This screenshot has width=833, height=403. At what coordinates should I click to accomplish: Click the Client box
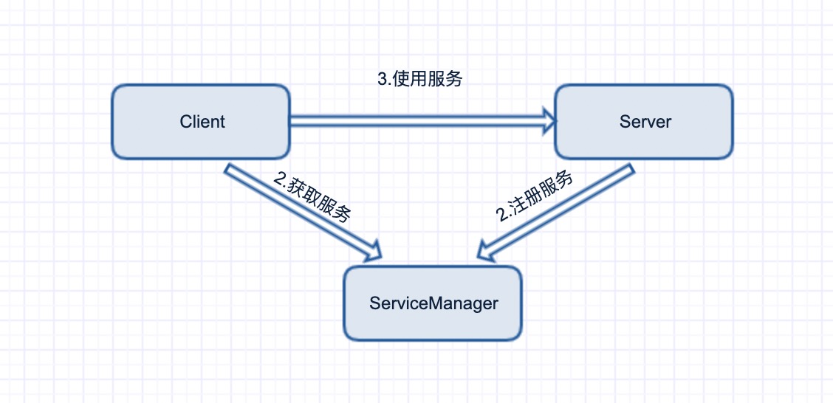click(x=200, y=122)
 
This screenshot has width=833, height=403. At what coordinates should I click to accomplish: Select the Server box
click(x=644, y=122)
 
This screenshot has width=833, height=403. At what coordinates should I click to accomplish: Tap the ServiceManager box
click(x=433, y=303)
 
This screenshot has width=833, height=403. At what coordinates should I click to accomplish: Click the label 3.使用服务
click(x=419, y=79)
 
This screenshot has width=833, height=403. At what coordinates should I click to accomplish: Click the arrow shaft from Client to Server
click(x=414, y=121)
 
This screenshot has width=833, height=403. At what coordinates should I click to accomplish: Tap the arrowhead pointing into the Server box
click(x=548, y=121)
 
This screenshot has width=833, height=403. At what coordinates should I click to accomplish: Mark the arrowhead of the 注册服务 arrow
click(x=487, y=252)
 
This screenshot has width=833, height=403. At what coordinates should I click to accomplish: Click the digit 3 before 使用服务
click(x=382, y=79)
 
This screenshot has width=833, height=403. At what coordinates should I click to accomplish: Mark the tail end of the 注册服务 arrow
click(x=629, y=170)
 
